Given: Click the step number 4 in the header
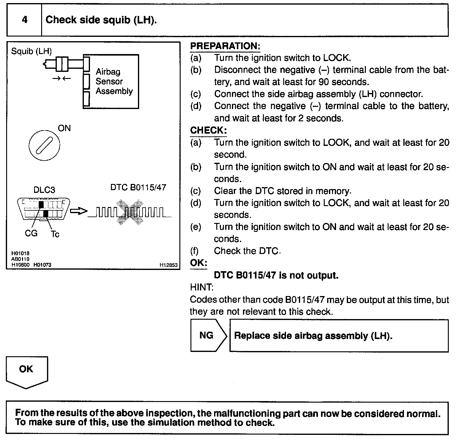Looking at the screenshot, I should [25, 20].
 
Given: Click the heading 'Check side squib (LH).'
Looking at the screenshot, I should [101, 20].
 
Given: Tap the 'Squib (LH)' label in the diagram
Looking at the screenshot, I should [31, 51].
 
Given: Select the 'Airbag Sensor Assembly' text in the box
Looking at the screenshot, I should [114, 81].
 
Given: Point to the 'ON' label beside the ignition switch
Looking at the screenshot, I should [64, 128].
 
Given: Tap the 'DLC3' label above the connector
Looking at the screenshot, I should [44, 190].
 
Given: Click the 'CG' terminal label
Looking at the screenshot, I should [31, 233].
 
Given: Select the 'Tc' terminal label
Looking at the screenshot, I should [55, 234].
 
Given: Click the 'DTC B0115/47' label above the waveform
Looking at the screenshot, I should [138, 187].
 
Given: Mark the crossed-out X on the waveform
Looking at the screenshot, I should [129, 212].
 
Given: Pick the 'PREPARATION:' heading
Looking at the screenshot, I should [225, 46].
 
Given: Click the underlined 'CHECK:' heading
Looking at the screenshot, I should [208, 130].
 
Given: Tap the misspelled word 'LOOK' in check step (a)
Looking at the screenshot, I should [337, 142].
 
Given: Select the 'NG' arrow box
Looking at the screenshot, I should [208, 335].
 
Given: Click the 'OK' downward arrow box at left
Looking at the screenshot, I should [26, 371].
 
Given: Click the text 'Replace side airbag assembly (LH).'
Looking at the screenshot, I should [313, 336].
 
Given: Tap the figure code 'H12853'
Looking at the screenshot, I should [168, 265].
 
